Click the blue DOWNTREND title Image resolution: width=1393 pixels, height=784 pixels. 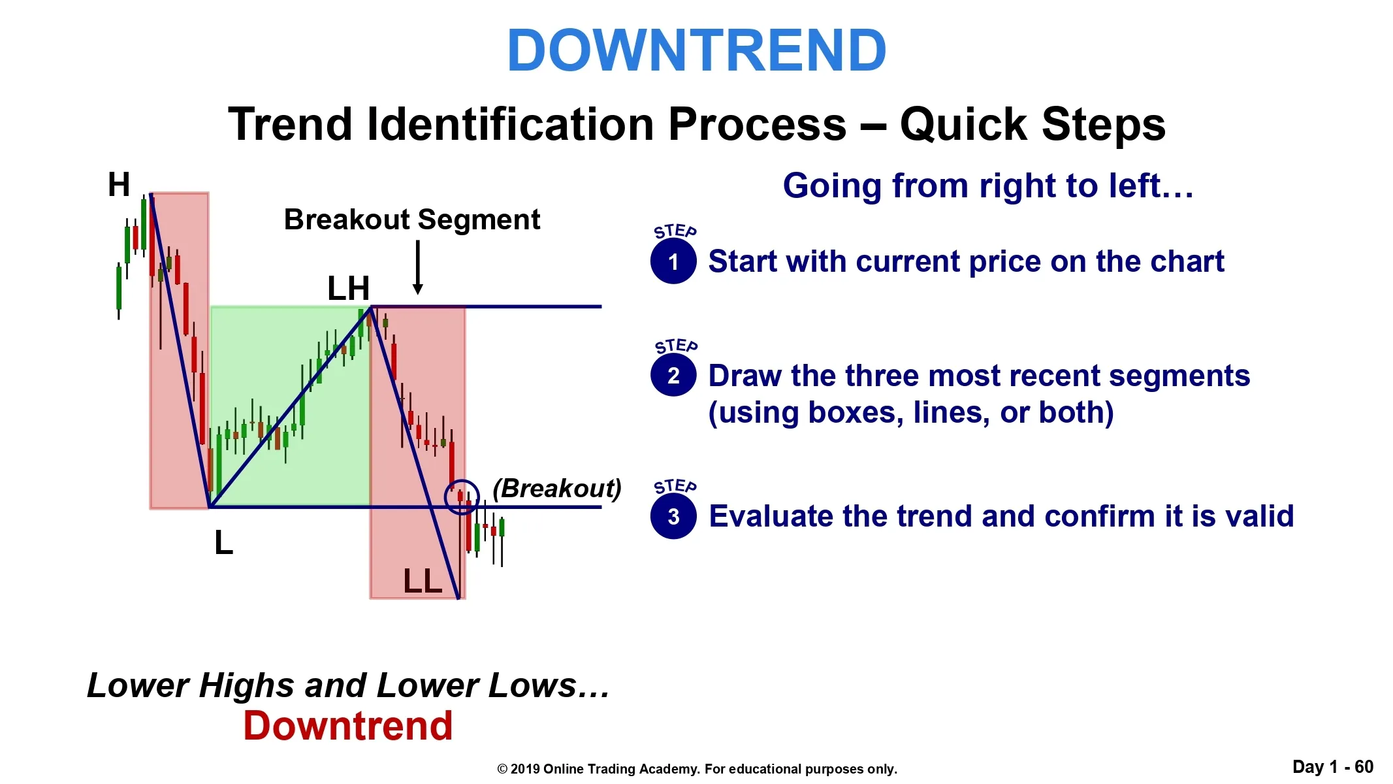pos(696,50)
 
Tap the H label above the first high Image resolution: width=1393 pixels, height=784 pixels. pos(119,184)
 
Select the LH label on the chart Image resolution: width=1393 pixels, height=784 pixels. pos(348,288)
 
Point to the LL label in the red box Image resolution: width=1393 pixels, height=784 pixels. pos(423,581)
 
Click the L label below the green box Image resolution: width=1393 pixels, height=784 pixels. pos(223,542)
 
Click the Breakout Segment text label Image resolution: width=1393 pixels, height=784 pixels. pos(412,220)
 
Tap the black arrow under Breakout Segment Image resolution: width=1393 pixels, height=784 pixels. pos(418,267)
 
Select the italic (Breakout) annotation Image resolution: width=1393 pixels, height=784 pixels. pos(557,488)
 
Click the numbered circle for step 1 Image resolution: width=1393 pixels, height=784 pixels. pos(673,261)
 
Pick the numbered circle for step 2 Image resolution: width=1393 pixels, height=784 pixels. pos(673,376)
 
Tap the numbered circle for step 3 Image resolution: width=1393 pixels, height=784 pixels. pos(673,517)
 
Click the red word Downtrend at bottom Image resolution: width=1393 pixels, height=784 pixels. pos(348,726)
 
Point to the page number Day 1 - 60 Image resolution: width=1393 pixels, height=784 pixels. pos(1333,767)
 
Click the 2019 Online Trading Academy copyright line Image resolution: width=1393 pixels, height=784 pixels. pos(697,769)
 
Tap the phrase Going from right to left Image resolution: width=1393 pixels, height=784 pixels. pos(988,186)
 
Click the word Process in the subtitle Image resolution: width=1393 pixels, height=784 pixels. pos(757,124)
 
